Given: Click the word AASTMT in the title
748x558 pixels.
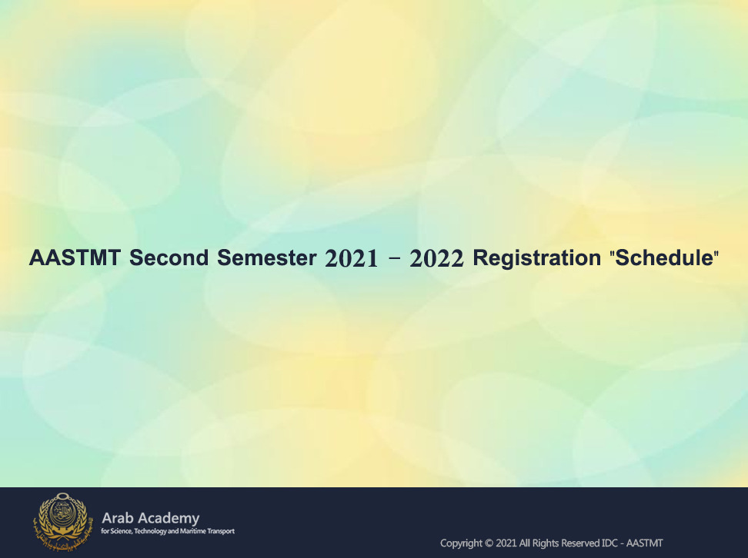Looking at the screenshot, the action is pos(75,257).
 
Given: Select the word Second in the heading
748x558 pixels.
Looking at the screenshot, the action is pos(169,257).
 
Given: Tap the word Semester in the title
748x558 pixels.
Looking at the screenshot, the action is pos(267,257).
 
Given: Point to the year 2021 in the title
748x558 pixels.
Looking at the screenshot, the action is pos(352,258).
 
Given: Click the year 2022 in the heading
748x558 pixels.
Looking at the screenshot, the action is pos(436,258).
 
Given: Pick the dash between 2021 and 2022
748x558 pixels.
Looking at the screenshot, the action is pos(395,259).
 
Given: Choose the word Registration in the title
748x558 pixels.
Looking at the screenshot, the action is pos(536,258).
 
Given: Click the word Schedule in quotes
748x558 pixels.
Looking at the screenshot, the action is pos(665,257).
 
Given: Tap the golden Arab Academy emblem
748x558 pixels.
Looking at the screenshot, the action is pos(61,521).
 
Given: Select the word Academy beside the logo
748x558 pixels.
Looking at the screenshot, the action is pos(169,519).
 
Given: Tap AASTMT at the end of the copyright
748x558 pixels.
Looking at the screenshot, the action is pos(644,543).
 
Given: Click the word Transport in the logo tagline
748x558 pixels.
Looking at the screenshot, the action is pos(221,531).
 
